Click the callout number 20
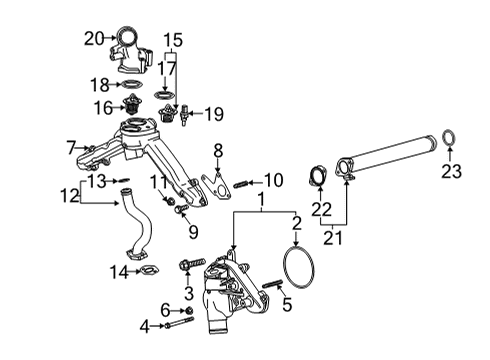[92, 40]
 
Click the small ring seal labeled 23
[451, 136]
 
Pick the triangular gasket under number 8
[211, 190]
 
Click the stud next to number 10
[240, 182]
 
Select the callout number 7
[71, 147]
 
